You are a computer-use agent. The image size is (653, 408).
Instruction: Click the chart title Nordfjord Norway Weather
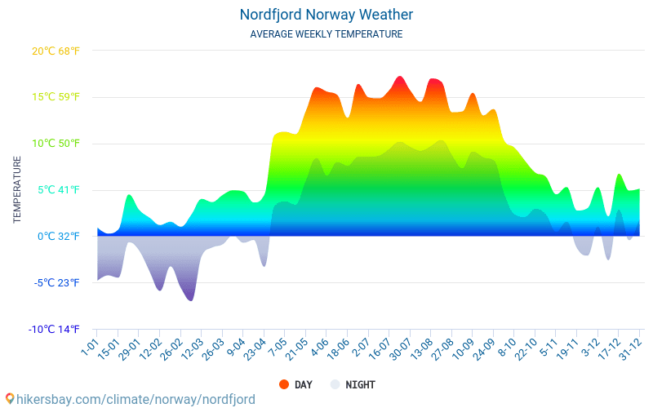(x=326, y=15)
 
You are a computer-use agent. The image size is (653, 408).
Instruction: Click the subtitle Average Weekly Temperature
(x=326, y=34)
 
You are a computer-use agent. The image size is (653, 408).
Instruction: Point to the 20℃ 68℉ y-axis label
(x=56, y=51)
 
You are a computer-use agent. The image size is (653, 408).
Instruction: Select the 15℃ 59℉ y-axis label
(x=56, y=97)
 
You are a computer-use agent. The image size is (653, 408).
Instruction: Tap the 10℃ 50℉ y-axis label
(x=56, y=144)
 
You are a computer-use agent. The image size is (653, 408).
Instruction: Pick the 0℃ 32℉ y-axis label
(x=58, y=237)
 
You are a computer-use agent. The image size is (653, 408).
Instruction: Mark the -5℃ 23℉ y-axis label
(x=57, y=283)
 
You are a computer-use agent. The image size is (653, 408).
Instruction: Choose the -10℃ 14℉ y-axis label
(x=55, y=330)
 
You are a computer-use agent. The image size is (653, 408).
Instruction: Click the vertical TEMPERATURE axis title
(x=17, y=190)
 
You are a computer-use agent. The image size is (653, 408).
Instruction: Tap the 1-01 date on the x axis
(x=89, y=348)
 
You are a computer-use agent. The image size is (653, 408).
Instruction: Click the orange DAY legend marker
(x=284, y=384)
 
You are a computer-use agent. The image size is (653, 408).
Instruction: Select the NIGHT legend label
(x=360, y=384)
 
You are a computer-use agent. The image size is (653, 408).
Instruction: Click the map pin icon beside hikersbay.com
(x=10, y=399)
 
